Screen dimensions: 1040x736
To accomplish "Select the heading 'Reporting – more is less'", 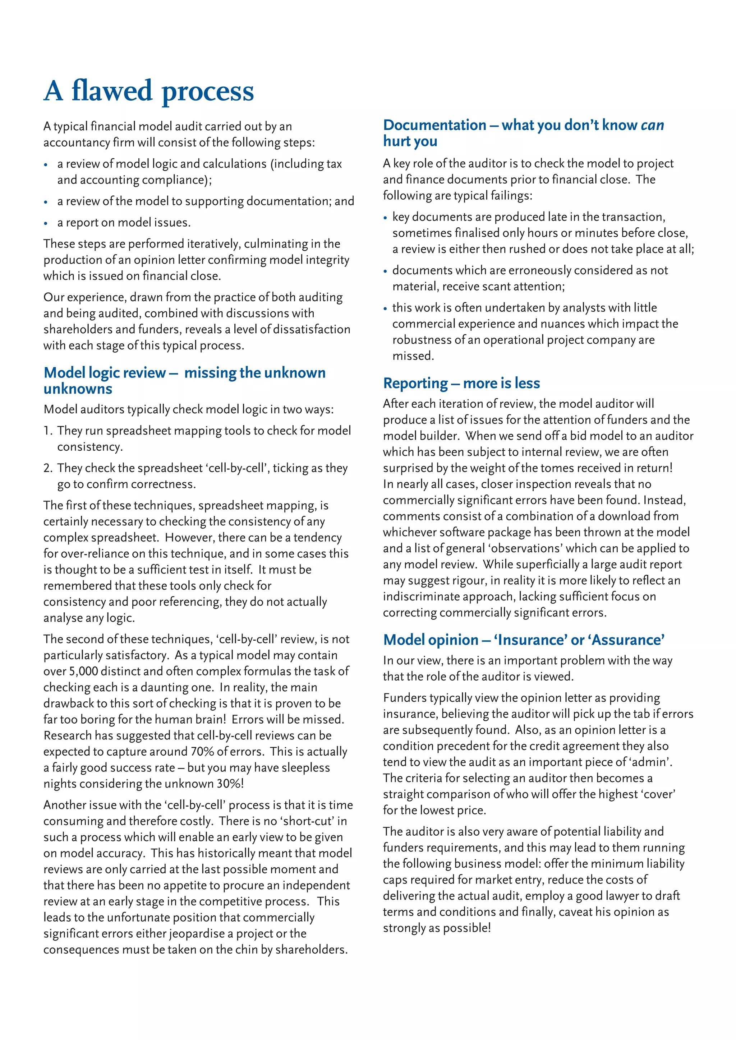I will coord(461,383).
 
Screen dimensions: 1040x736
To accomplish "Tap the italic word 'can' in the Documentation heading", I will coord(652,125).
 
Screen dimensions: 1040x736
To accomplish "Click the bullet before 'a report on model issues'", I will coord(46,223).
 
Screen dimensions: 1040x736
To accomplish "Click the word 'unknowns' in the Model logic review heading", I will coord(78,389).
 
